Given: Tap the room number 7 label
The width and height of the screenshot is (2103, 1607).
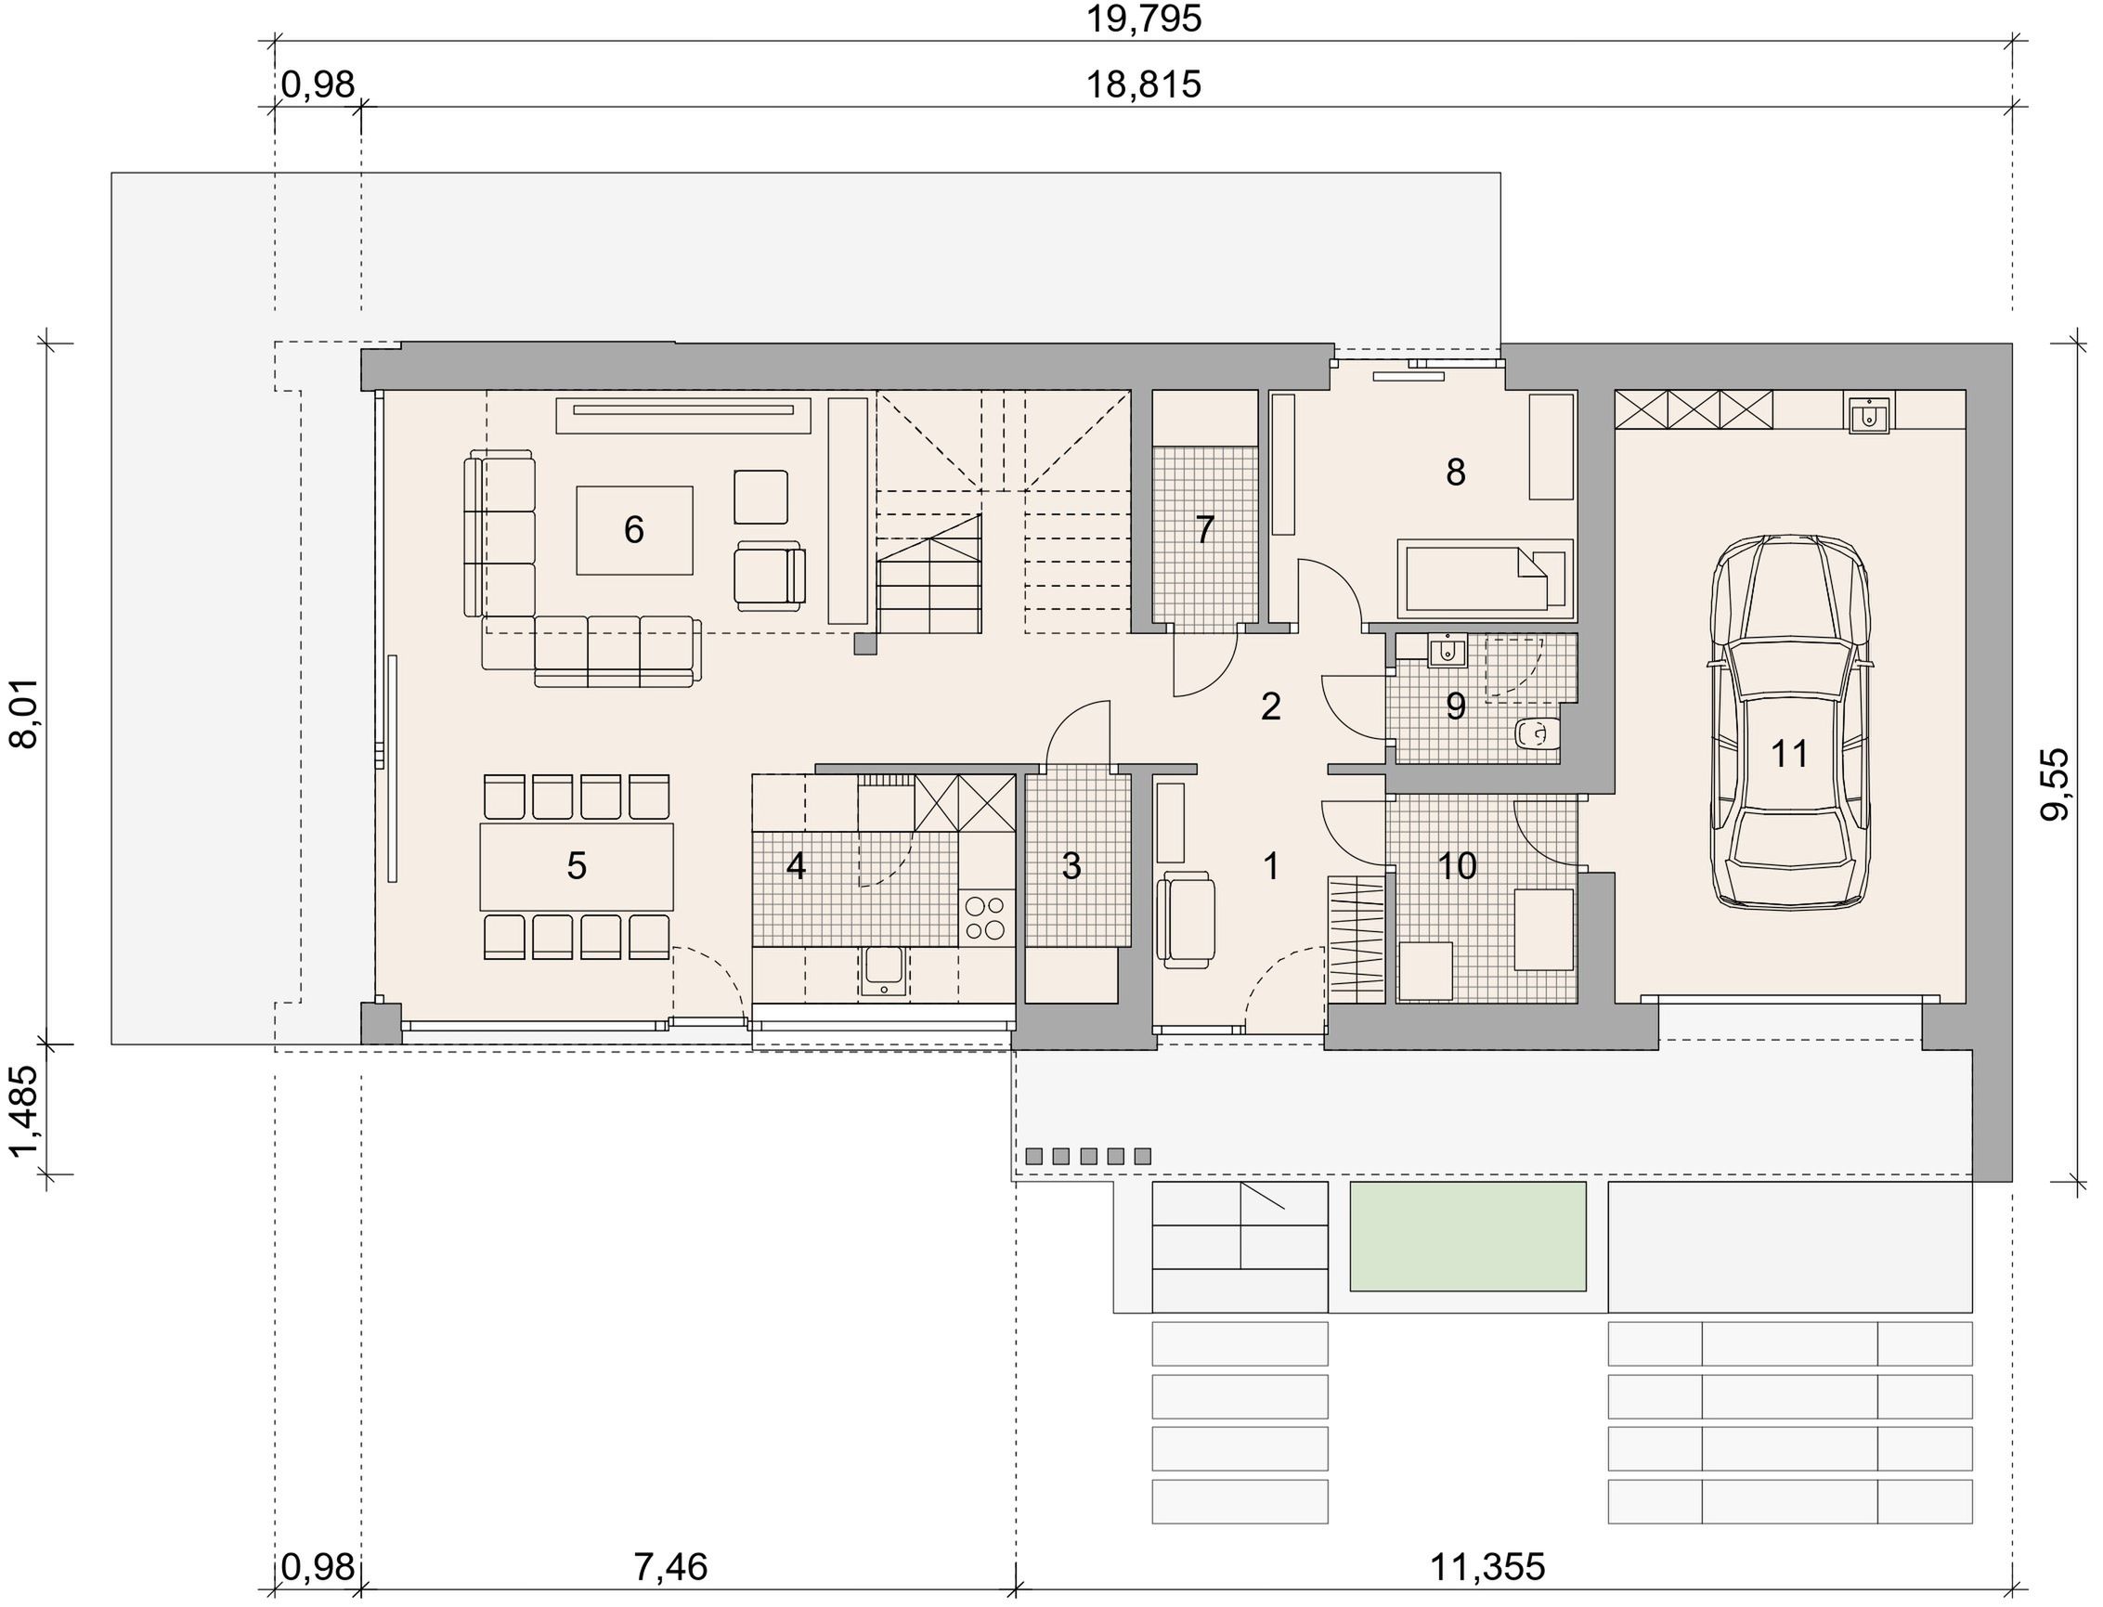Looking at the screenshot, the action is (1204, 529).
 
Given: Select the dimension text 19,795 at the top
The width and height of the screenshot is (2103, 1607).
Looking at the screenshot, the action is (1143, 19).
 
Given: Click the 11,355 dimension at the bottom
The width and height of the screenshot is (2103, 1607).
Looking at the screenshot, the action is (1487, 1567).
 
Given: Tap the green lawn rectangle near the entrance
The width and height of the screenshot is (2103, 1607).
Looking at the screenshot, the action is (1468, 1236).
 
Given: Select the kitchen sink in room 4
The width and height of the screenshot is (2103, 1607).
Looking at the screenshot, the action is (884, 970).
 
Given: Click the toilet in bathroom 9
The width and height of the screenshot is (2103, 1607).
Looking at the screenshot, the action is (1538, 733).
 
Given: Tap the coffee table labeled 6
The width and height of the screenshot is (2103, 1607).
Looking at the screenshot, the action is (634, 530).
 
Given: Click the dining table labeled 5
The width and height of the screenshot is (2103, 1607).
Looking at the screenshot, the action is (577, 865).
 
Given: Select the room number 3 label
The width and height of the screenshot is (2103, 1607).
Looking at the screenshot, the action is (1071, 865).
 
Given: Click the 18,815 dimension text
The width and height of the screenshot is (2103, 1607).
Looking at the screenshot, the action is (1143, 84).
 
